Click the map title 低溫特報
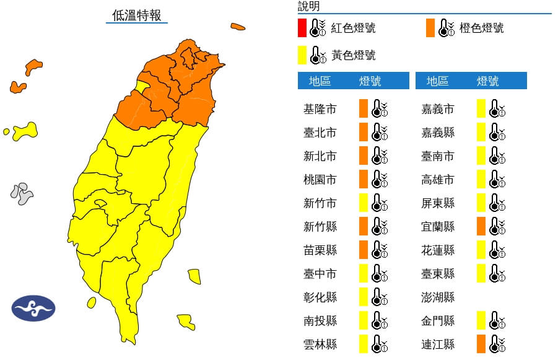click(136, 15)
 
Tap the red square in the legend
click(302, 28)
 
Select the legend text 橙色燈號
click(481, 28)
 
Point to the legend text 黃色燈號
click(354, 55)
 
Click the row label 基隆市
click(320, 109)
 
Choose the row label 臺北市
click(320, 133)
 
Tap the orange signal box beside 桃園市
click(364, 180)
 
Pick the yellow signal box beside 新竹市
click(364, 203)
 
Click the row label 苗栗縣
click(320, 250)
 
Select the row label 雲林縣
click(320, 344)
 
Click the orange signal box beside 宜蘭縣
click(481, 226)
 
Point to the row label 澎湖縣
click(437, 297)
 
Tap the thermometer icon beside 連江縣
click(497, 344)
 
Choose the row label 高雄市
click(437, 180)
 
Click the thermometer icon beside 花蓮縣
click(497, 250)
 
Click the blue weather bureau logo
click(33, 308)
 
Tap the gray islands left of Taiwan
click(22, 193)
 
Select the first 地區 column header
click(320, 81)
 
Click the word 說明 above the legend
click(308, 6)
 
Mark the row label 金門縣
click(437, 320)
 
